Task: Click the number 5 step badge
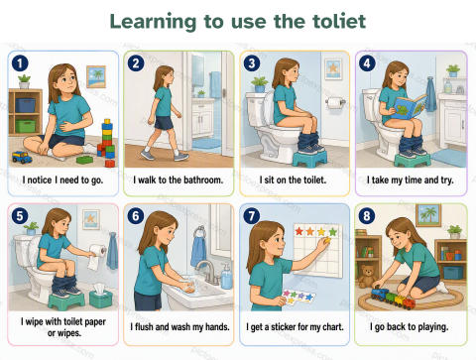click(x=20, y=216)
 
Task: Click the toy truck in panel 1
click(x=22, y=157)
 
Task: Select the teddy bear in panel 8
click(x=366, y=276)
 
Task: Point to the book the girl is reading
click(x=410, y=107)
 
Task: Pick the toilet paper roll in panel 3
click(x=335, y=103)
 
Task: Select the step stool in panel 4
click(x=413, y=160)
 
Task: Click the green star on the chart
click(x=333, y=232)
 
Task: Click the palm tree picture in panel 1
click(x=96, y=76)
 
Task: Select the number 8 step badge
click(x=367, y=216)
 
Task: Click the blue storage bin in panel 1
click(x=25, y=105)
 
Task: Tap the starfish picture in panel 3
click(x=333, y=68)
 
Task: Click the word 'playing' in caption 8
click(x=433, y=327)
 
